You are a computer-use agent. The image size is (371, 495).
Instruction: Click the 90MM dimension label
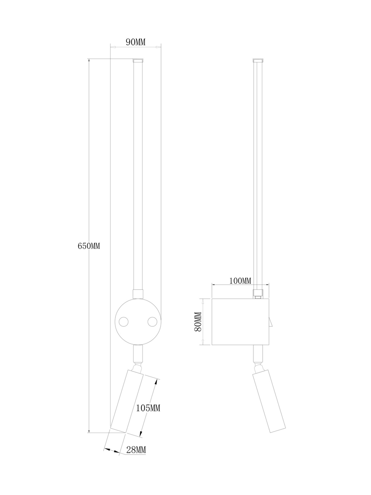[x=135, y=42]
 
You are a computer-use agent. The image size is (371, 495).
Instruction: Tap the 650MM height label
[x=89, y=246]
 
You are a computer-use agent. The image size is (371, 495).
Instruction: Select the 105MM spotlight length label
[x=148, y=408]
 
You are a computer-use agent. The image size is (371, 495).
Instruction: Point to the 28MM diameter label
[x=136, y=450]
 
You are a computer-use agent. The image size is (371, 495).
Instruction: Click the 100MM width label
[x=240, y=281]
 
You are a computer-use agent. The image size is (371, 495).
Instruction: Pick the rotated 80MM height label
[x=198, y=322]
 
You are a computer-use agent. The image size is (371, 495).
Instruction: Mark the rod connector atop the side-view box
[x=258, y=293]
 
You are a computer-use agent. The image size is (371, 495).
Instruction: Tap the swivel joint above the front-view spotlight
[x=138, y=367]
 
